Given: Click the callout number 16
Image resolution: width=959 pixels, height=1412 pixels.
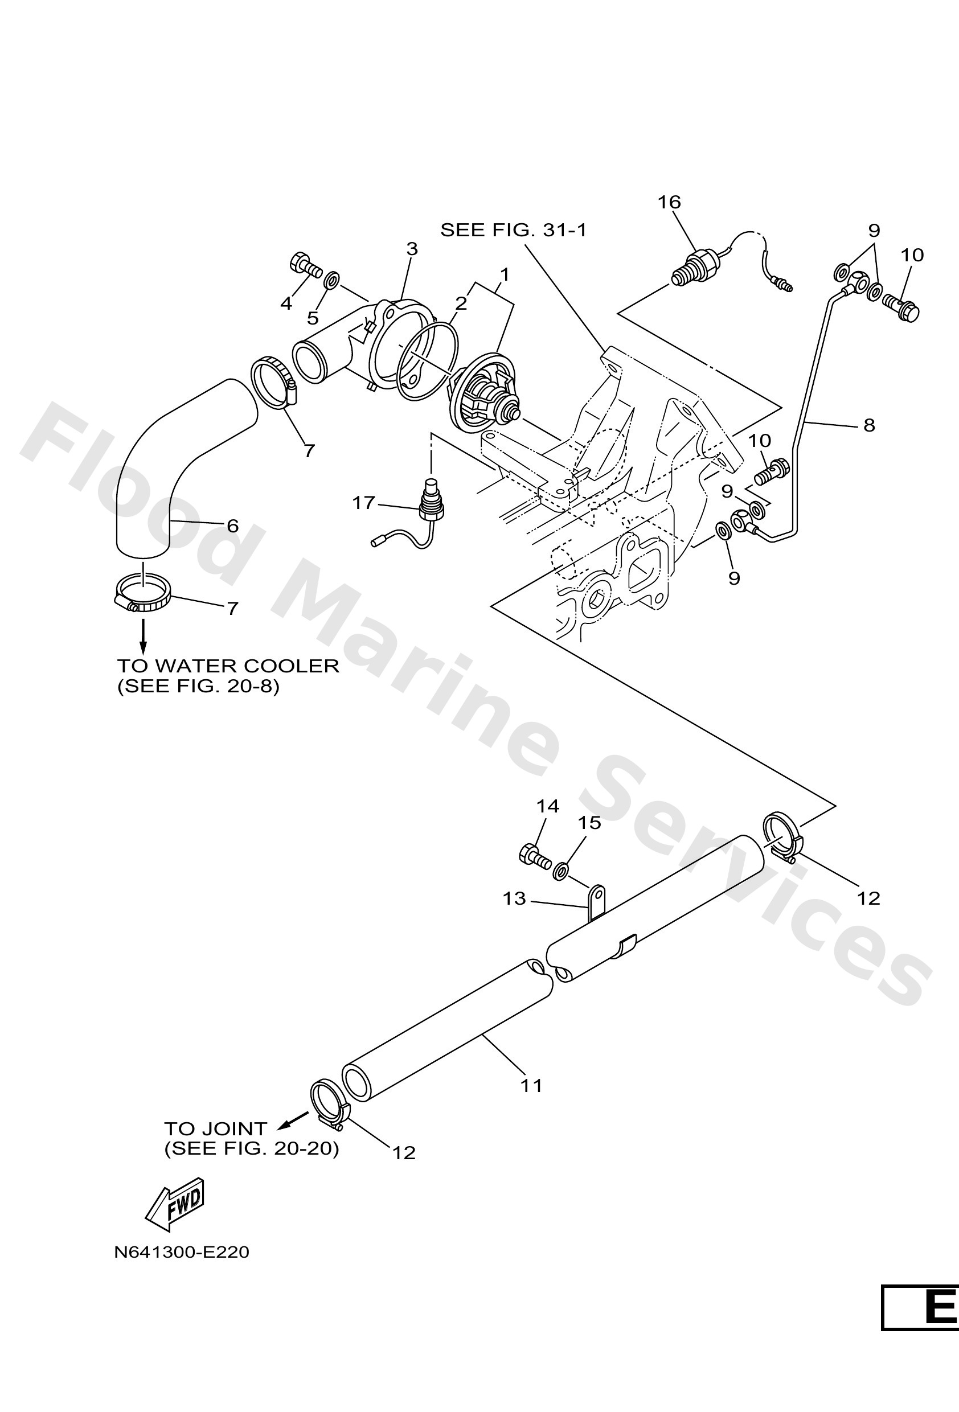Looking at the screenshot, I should point(669,202).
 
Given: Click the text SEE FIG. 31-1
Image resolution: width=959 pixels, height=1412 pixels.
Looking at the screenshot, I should point(513,230).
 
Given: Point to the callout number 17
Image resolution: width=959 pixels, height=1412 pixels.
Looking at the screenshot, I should point(363,503).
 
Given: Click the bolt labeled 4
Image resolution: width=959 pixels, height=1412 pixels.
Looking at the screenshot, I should point(306,265).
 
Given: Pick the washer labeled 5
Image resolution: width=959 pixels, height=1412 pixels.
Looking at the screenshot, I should point(331,281).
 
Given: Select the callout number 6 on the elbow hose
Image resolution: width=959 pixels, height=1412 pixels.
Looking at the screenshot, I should point(233,526).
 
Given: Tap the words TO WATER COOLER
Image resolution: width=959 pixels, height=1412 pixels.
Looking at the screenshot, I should point(228,666).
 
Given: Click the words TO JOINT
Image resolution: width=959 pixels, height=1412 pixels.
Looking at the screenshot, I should point(215,1129).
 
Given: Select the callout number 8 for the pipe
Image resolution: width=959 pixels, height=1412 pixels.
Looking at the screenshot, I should point(869,425).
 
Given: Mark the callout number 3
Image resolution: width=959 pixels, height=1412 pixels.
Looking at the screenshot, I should point(412,248).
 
